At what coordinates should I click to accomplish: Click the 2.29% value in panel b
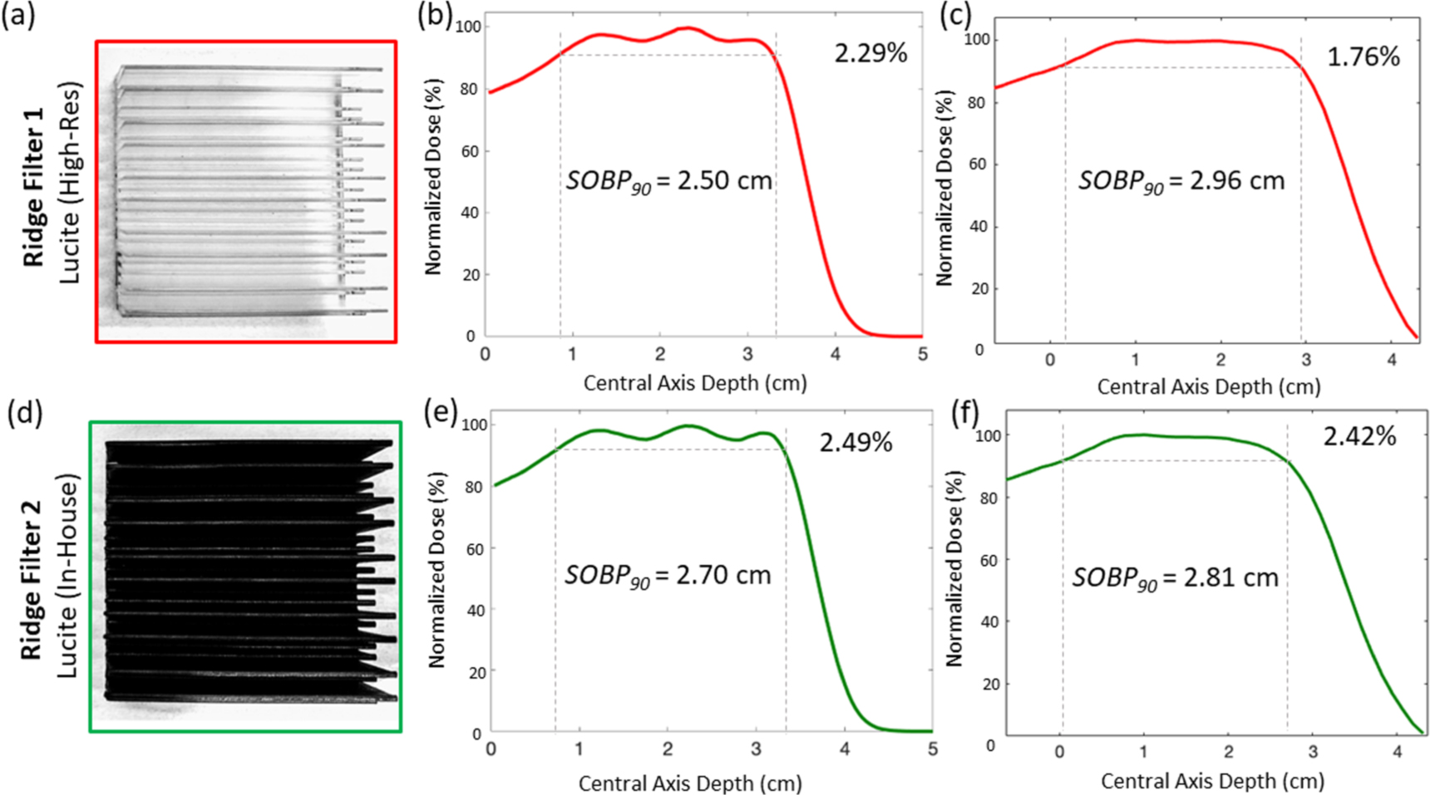870,54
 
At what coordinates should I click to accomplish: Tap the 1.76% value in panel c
1363,57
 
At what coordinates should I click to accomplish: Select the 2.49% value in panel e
856,443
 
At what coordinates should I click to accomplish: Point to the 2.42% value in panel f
1359,436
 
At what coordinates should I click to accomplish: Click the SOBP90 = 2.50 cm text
668,182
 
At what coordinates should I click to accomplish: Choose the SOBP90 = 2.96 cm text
1181,182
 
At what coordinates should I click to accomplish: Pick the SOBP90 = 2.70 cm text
668,576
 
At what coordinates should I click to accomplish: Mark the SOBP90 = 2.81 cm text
1174,578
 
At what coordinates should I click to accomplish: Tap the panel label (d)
25,413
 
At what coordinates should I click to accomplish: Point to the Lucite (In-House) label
68,576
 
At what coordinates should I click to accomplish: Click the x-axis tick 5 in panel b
922,355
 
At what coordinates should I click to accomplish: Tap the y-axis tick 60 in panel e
475,549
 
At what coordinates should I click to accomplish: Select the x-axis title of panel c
1208,387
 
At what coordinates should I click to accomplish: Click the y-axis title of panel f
954,569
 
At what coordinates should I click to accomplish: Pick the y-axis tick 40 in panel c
979,227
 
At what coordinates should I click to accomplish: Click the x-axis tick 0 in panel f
1059,752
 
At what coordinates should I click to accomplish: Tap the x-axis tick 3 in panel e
756,749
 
